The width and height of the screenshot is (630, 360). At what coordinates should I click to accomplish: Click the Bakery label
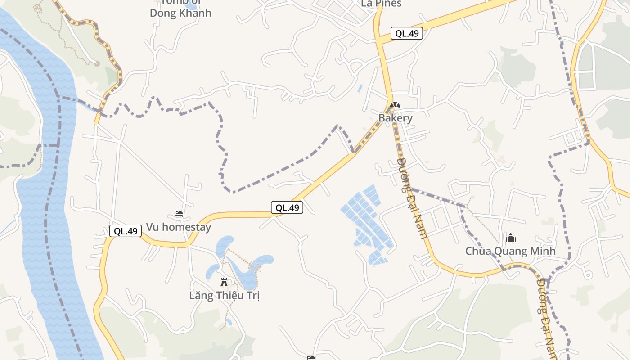click(395, 118)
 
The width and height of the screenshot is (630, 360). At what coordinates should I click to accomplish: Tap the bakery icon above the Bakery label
click(395, 105)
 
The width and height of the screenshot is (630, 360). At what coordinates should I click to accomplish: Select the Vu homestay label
click(179, 227)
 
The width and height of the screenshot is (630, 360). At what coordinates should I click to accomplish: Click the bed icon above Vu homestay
click(179, 214)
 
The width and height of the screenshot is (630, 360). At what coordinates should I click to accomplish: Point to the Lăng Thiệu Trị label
click(224, 296)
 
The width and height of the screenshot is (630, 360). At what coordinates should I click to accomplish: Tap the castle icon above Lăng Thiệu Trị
click(224, 282)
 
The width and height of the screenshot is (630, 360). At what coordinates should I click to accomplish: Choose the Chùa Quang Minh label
click(510, 251)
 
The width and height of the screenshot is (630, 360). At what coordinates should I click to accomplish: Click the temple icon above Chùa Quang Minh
click(511, 238)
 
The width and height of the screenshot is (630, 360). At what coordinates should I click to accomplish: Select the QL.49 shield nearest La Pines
click(406, 33)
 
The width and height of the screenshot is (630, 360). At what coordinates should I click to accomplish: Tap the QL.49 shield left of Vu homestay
click(126, 231)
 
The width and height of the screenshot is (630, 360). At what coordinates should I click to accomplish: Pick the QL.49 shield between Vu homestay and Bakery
click(287, 207)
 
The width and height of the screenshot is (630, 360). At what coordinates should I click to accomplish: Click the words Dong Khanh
click(180, 13)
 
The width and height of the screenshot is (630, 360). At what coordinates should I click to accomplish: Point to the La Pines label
click(381, 4)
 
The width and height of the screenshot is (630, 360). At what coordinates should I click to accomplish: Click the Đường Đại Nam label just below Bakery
click(412, 198)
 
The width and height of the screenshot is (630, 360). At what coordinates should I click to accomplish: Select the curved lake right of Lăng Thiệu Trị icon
click(252, 272)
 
